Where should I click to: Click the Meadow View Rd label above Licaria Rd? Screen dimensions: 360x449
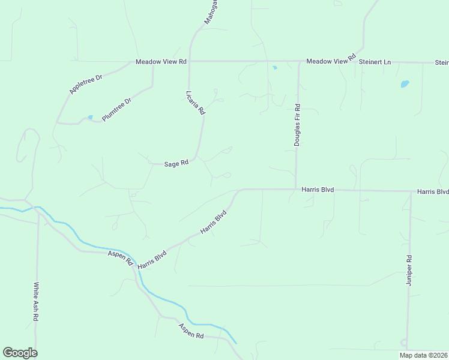[161, 62]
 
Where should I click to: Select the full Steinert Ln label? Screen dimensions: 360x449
[375, 62]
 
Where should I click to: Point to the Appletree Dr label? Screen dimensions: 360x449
[86, 84]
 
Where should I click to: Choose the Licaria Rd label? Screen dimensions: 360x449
[196, 103]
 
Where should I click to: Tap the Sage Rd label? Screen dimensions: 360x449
[176, 163]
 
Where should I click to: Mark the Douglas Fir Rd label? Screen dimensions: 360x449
[297, 125]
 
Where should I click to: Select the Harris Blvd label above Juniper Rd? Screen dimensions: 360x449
[432, 192]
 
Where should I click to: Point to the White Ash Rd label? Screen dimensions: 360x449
[37, 302]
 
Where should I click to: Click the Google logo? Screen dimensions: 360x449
[20, 353]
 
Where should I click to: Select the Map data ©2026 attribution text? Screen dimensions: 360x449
[423, 355]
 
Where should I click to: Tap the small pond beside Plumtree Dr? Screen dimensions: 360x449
[90, 117]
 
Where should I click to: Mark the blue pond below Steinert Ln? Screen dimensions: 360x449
[405, 84]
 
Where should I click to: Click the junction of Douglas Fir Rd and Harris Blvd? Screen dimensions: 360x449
[296, 189]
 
